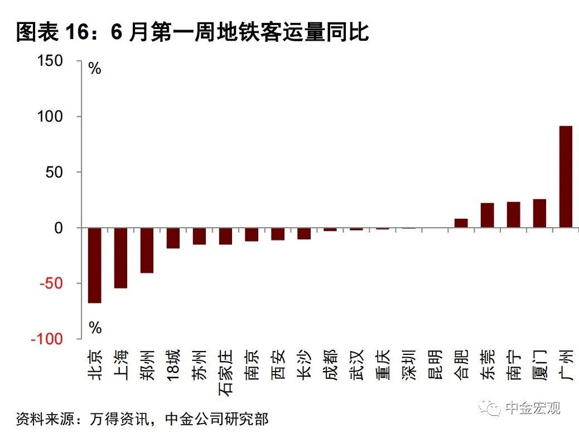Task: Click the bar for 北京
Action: (95, 265)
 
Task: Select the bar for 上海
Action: (120, 258)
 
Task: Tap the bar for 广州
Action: (566, 177)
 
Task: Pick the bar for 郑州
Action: (147, 250)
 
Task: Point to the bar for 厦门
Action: (539, 213)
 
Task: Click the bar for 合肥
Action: (461, 223)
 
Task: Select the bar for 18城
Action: (173, 238)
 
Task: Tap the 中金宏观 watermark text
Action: (532, 408)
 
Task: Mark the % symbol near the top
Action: (95, 69)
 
